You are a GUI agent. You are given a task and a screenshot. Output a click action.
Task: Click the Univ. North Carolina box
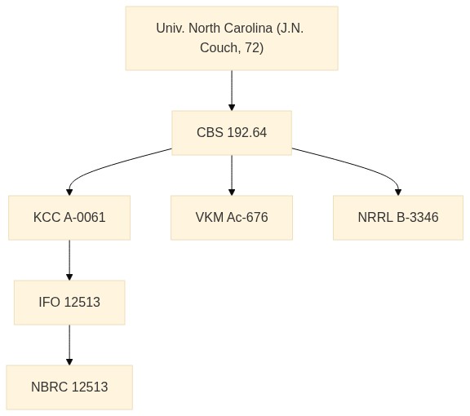click(x=232, y=38)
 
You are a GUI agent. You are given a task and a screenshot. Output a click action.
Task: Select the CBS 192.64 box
click(x=232, y=133)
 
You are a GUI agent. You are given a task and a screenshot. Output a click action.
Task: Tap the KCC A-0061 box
click(x=69, y=218)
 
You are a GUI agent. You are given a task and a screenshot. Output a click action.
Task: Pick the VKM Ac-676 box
click(x=232, y=218)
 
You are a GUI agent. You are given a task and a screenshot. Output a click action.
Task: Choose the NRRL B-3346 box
click(x=398, y=218)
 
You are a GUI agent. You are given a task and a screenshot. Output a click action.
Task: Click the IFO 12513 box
click(x=69, y=303)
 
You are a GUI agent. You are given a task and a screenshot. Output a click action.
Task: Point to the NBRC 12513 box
click(x=69, y=387)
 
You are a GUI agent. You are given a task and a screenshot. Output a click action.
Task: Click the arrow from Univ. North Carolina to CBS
click(x=232, y=91)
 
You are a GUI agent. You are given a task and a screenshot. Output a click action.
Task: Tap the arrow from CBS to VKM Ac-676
click(x=232, y=175)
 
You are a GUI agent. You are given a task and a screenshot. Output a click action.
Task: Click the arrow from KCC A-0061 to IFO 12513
click(x=69, y=260)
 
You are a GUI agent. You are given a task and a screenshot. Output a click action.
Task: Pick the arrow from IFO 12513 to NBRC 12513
click(x=69, y=345)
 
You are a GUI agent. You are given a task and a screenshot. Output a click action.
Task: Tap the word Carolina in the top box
click(x=248, y=29)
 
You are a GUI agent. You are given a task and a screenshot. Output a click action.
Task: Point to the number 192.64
click(x=247, y=133)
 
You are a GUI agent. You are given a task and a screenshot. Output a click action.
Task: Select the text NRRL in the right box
click(x=375, y=218)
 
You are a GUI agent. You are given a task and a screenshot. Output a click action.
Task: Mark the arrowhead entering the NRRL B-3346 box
click(x=398, y=193)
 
